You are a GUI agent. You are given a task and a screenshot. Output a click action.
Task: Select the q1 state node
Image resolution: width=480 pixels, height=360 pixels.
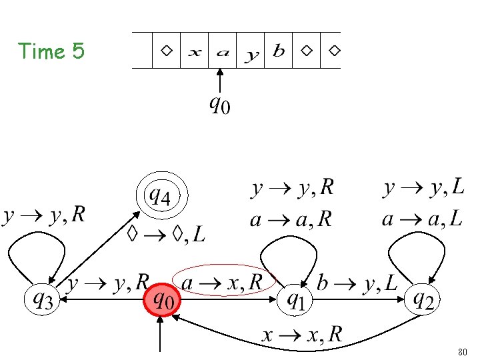pyautogui.click(x=295, y=301)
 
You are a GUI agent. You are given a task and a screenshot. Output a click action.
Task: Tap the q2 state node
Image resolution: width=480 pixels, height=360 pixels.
pyautogui.click(x=423, y=301)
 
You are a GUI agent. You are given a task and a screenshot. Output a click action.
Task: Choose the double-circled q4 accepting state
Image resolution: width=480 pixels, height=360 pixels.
pyautogui.click(x=162, y=197)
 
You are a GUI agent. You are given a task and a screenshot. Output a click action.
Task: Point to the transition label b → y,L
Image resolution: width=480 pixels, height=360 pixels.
pyautogui.click(x=356, y=283)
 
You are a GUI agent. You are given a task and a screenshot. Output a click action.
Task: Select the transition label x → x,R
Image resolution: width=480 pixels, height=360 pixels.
pyautogui.click(x=301, y=335)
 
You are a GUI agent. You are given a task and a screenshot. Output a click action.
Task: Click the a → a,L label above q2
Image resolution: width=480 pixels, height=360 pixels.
pyautogui.click(x=422, y=219)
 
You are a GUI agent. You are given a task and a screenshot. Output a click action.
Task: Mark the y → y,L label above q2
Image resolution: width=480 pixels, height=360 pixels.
pyautogui.click(x=423, y=189)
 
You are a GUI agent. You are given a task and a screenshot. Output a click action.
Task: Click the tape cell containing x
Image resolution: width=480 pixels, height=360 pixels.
pyautogui.click(x=195, y=51)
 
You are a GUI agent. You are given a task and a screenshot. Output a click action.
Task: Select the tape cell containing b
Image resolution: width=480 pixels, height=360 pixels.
pyautogui.click(x=279, y=51)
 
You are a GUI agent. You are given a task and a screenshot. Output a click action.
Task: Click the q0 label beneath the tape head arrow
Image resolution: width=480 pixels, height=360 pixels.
pyautogui.click(x=219, y=104)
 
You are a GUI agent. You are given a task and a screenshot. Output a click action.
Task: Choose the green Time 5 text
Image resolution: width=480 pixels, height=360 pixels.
pyautogui.click(x=52, y=51)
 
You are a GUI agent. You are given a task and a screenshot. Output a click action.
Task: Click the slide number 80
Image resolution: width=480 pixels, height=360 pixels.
pyautogui.click(x=463, y=351)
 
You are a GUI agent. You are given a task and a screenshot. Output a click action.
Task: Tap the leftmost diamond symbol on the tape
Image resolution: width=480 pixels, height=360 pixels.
pyautogui.click(x=167, y=51)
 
